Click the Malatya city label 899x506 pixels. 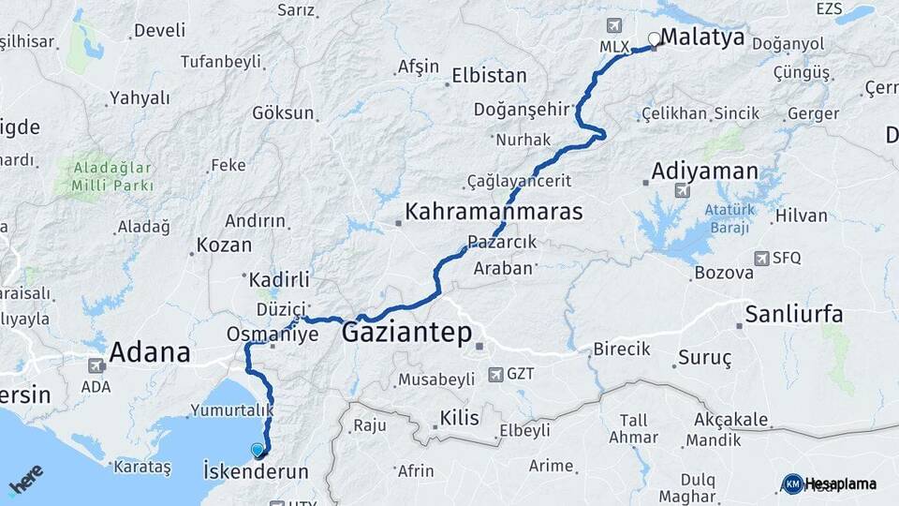pyautogui.click(x=702, y=37)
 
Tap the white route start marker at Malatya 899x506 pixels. pyautogui.click(x=654, y=39)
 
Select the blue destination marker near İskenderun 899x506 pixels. pyautogui.click(x=258, y=450)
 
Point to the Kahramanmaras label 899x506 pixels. pyautogui.click(x=494, y=211)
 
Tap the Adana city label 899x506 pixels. pyautogui.click(x=150, y=352)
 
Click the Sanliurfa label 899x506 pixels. pyautogui.click(x=794, y=314)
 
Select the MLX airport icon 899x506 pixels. pyautogui.click(x=614, y=25)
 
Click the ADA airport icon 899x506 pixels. pyautogui.click(x=96, y=365)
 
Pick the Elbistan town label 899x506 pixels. pyautogui.click(x=489, y=76)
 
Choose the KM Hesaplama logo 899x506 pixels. pyautogui.click(x=829, y=484)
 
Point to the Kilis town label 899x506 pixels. pyautogui.click(x=459, y=418)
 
